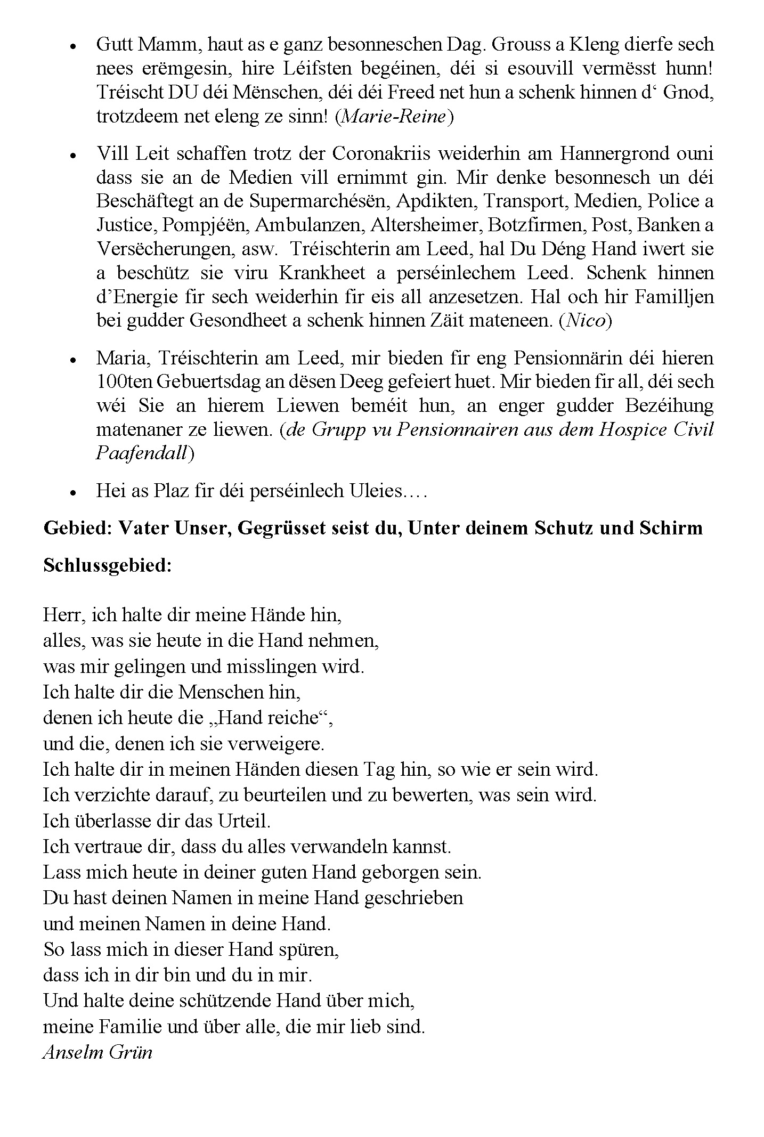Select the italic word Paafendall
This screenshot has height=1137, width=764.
[x=141, y=452]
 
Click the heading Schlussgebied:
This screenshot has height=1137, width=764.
[x=108, y=565]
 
